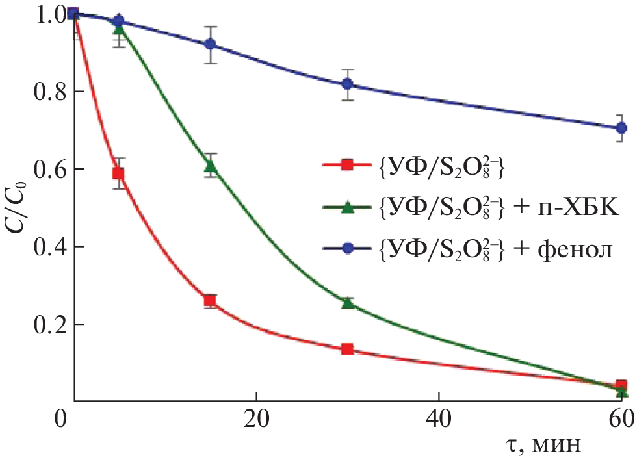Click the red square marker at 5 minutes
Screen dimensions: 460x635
point(118,173)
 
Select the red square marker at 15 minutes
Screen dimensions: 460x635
point(210,300)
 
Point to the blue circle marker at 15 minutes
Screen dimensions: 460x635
point(210,44)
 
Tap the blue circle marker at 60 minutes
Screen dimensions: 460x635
point(621,128)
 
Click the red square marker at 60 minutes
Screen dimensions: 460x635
point(621,385)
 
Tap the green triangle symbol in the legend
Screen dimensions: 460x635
point(347,208)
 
